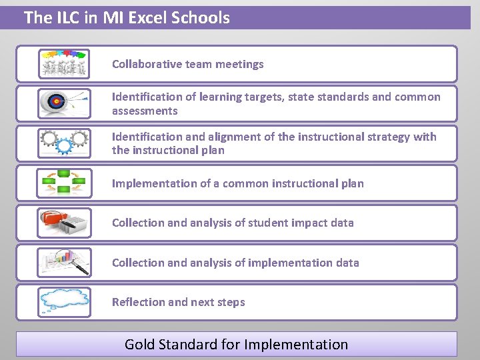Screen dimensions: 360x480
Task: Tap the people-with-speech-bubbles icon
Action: point(64,63)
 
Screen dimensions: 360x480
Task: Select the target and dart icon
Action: point(63,103)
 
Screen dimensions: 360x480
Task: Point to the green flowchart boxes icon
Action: point(64,183)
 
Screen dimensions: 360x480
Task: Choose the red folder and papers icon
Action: point(64,223)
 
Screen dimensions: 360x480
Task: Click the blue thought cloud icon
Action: point(64,301)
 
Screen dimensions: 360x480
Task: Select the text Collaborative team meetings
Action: point(188,64)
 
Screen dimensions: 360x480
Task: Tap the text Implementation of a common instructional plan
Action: point(238,183)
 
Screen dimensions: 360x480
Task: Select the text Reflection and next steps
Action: point(179,302)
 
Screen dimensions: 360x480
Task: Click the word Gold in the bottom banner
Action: point(139,345)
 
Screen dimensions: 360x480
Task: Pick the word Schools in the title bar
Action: point(203,18)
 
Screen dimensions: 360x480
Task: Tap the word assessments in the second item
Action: point(145,111)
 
